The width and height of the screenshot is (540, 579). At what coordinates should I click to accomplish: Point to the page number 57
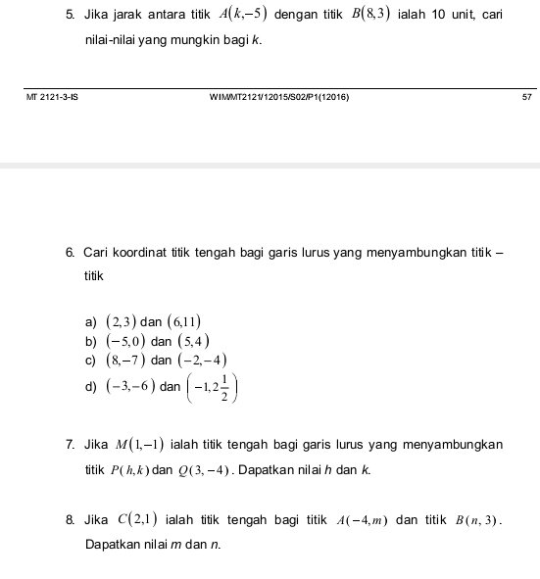pyautogui.click(x=525, y=99)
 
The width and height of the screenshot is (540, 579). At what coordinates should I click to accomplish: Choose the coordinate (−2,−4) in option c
pyautogui.click(x=203, y=362)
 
